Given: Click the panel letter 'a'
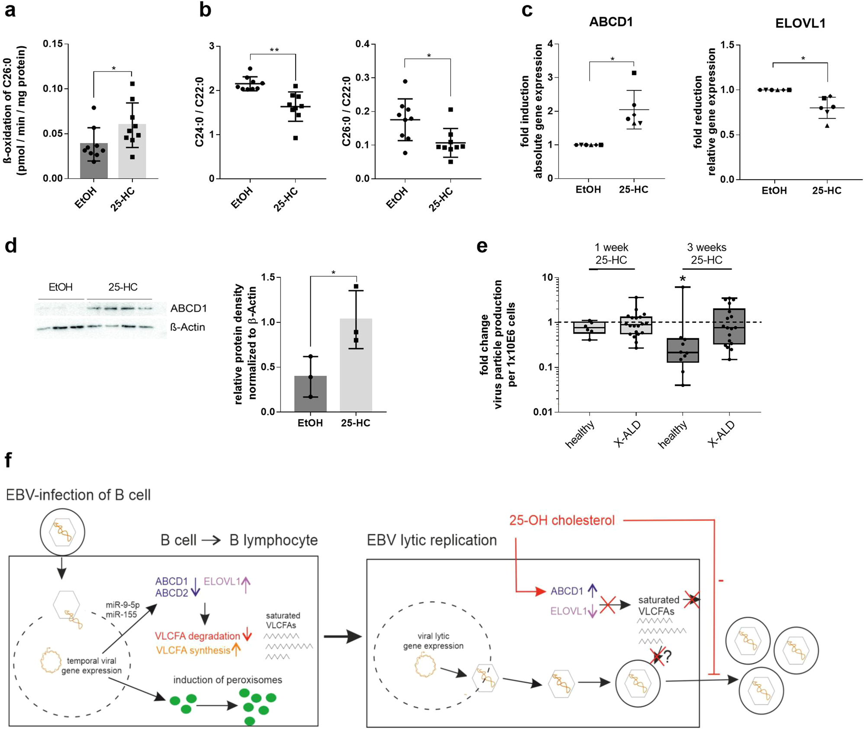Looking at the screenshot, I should click(x=10, y=10).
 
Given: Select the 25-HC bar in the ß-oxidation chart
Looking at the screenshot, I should click(x=132, y=151).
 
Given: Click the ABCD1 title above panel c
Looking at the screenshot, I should click(x=611, y=22).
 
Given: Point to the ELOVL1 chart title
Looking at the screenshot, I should click(x=800, y=23).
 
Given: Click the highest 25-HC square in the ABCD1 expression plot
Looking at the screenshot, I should click(x=634, y=73).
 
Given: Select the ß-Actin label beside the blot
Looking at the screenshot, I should click(x=187, y=327).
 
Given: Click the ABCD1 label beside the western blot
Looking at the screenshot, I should click(x=188, y=308).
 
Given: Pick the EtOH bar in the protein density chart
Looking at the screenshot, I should click(x=310, y=394).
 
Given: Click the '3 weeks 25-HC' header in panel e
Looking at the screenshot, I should click(x=706, y=254).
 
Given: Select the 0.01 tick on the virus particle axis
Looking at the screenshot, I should click(x=543, y=412).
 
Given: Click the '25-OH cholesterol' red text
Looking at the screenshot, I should click(x=562, y=520).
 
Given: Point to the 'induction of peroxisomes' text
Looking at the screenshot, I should click(x=228, y=680).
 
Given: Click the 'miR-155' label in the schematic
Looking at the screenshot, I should click(x=121, y=614).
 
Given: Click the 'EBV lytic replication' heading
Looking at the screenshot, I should click(x=432, y=540).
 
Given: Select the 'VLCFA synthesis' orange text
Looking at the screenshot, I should click(x=193, y=650).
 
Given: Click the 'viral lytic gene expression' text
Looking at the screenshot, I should click(x=433, y=641).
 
